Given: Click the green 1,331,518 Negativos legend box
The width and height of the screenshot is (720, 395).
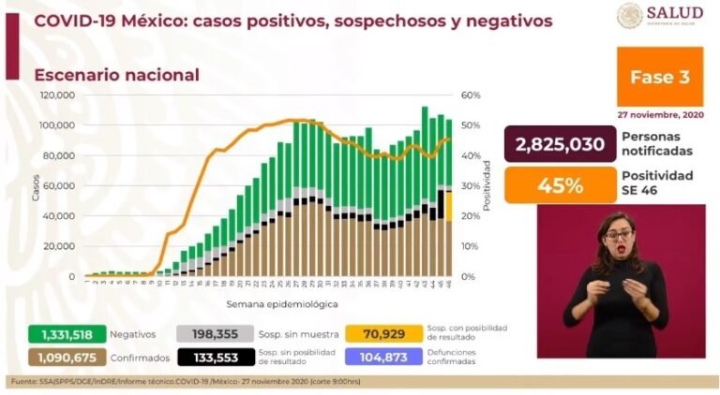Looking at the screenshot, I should [x=60, y=333].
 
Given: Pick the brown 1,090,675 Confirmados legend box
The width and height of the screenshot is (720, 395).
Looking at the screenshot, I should [x=60, y=357].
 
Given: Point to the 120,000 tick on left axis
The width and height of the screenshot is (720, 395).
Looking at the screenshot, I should [x=58, y=95].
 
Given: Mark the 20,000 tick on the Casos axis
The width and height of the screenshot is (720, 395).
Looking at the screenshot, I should [x=61, y=246].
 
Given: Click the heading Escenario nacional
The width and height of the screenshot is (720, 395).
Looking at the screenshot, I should [x=116, y=75].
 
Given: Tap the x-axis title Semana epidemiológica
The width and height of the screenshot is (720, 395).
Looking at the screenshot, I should [x=269, y=304].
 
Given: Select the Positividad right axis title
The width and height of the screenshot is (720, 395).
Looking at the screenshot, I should [x=488, y=185].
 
